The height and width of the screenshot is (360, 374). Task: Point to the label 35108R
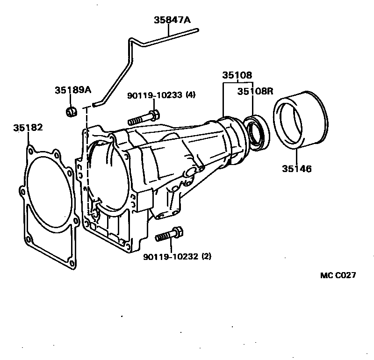pos(255,91)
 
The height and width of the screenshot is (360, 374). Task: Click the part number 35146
pos(296,168)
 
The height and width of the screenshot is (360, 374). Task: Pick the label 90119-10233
pos(155,95)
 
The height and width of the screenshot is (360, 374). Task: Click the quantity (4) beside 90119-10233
pos(190,95)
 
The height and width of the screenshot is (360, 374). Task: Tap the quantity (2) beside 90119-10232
pos(206,257)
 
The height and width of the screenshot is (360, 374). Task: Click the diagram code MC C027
pos(338,275)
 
